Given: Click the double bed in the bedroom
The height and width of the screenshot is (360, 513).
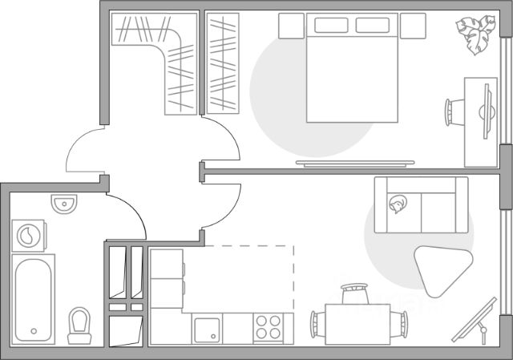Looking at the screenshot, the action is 353,76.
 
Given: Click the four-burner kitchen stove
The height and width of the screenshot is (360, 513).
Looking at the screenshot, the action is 269,327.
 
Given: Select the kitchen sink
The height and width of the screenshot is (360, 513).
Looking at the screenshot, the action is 208,328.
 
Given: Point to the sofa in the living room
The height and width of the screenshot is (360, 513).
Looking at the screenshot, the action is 420,206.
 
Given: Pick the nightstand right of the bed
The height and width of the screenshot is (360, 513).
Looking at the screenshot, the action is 414,26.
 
